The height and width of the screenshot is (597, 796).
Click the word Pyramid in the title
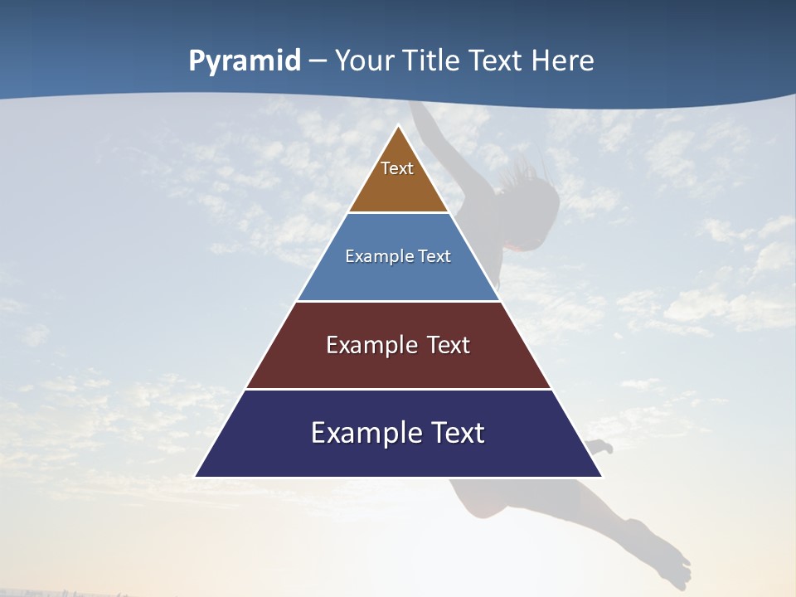click(245, 61)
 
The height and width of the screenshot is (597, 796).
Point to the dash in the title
click(318, 61)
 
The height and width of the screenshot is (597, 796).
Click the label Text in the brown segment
click(397, 168)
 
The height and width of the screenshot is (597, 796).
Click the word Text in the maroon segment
click(445, 345)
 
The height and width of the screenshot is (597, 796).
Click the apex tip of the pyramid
click(399, 126)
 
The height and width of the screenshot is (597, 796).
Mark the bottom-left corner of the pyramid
click(196, 476)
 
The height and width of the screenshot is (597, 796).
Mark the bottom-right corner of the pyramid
click(601, 476)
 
